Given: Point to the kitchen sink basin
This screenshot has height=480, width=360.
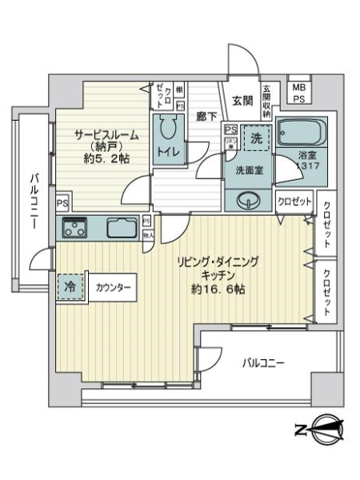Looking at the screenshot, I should (122, 228).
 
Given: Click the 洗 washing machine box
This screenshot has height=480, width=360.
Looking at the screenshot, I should (255, 137).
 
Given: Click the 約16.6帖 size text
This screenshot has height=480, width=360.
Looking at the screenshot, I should (218, 289).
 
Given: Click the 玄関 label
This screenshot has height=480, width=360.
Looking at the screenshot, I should (242, 100).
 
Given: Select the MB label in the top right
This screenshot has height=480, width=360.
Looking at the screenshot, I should (297, 87).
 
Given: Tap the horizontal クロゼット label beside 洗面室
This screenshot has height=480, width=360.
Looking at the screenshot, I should (294, 202).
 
